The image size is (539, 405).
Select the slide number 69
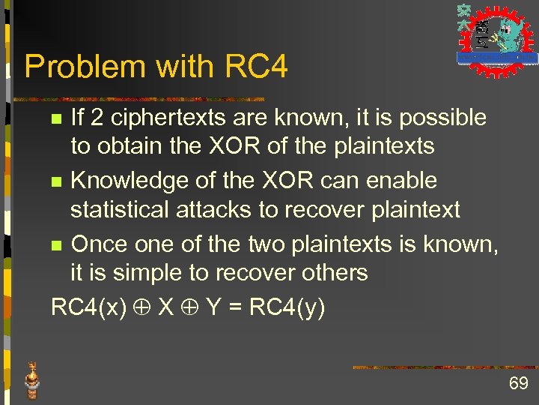point(518,384)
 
